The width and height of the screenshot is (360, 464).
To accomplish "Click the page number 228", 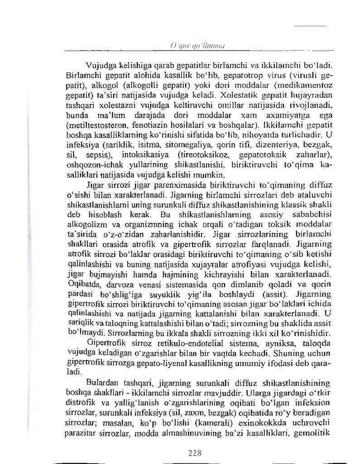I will tap(193, 453).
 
